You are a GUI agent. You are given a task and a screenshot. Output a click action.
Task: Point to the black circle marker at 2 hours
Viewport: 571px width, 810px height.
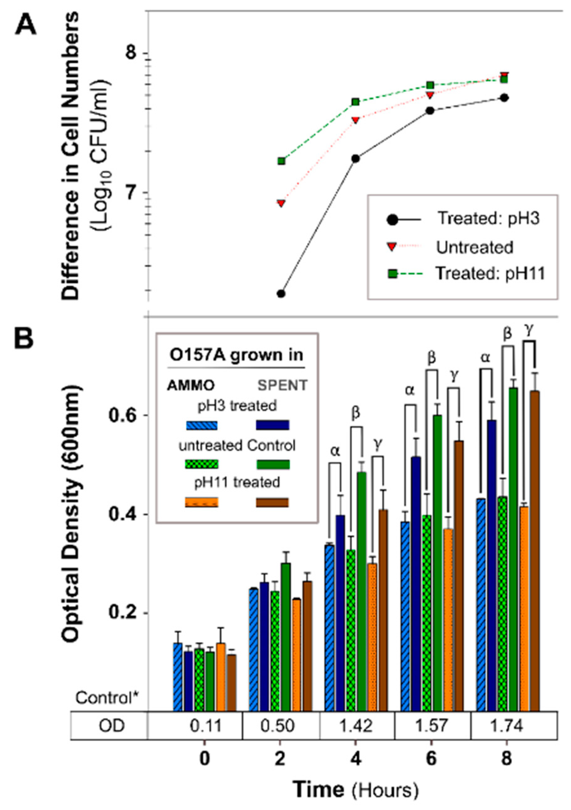(281, 293)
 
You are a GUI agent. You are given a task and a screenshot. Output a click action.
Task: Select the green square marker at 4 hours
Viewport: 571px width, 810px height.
(355, 102)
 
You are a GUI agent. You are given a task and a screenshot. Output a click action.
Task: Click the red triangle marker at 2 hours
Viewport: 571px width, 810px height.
(281, 203)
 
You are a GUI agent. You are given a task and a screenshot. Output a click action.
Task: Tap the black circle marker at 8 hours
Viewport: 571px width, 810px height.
(505, 98)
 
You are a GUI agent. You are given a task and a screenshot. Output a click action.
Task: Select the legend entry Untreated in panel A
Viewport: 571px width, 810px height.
(474, 247)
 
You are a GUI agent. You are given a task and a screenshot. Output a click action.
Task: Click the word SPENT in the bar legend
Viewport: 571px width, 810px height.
(282, 386)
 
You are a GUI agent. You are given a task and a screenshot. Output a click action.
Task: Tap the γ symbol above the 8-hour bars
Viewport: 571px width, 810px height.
(529, 329)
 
